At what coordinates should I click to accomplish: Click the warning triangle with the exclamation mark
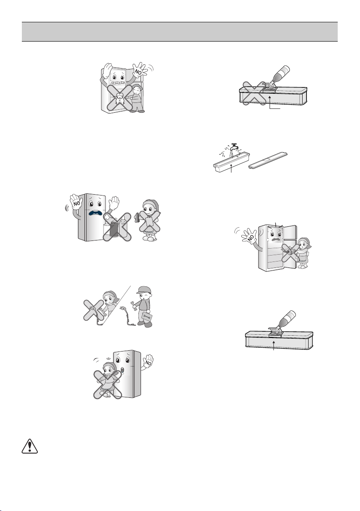coord(30,446)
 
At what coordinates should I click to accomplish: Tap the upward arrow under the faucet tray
coord(231,169)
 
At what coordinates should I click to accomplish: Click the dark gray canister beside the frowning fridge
coord(114,228)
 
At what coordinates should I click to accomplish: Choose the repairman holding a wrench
coord(143,307)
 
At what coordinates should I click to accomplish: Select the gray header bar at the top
coord(180,32)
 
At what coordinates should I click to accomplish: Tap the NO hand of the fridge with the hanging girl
coord(148,361)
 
